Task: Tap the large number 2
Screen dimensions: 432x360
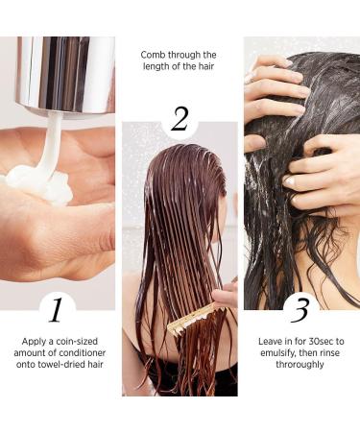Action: click(180, 119)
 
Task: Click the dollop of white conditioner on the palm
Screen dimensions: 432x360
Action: click(38, 182)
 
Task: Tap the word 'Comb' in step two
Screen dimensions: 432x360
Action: click(156, 55)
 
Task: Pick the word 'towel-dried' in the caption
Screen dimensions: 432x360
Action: click(68, 366)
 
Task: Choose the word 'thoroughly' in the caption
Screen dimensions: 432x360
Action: click(300, 366)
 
